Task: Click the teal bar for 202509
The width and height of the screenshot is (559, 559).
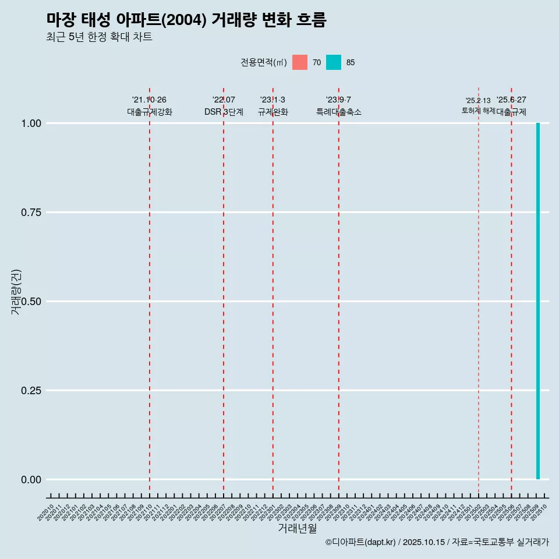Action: [538, 301]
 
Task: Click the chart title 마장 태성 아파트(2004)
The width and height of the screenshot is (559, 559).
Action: [186, 20]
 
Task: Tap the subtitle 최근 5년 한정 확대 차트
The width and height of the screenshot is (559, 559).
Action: [99, 37]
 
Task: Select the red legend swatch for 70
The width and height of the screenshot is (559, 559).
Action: [300, 62]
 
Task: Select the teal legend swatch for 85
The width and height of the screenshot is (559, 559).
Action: [334, 62]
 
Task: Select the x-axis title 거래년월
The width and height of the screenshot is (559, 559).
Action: [297, 529]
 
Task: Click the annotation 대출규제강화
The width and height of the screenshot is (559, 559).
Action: [150, 112]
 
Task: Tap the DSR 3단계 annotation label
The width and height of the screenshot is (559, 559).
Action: [224, 112]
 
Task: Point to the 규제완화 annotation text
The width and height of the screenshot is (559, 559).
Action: [273, 112]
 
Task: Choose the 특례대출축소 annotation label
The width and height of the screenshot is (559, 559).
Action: [339, 112]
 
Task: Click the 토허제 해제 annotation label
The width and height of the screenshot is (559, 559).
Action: [479, 110]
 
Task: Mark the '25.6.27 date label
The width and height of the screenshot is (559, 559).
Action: [511, 100]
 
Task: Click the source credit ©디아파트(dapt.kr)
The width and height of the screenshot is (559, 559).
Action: [360, 542]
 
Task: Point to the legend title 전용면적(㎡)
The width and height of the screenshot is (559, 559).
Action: [263, 63]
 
